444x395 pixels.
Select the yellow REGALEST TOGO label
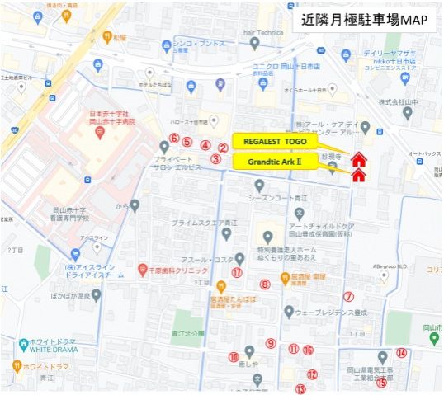[272, 142]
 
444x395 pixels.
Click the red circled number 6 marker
[174, 138]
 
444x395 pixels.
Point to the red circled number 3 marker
[215, 159]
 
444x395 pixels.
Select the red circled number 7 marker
[348, 297]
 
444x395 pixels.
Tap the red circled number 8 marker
[265, 284]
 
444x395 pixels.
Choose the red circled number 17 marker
[237, 272]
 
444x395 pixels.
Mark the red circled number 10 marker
[234, 356]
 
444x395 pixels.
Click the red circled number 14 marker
[401, 353]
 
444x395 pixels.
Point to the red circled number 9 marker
[270, 343]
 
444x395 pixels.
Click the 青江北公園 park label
[177, 334]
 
